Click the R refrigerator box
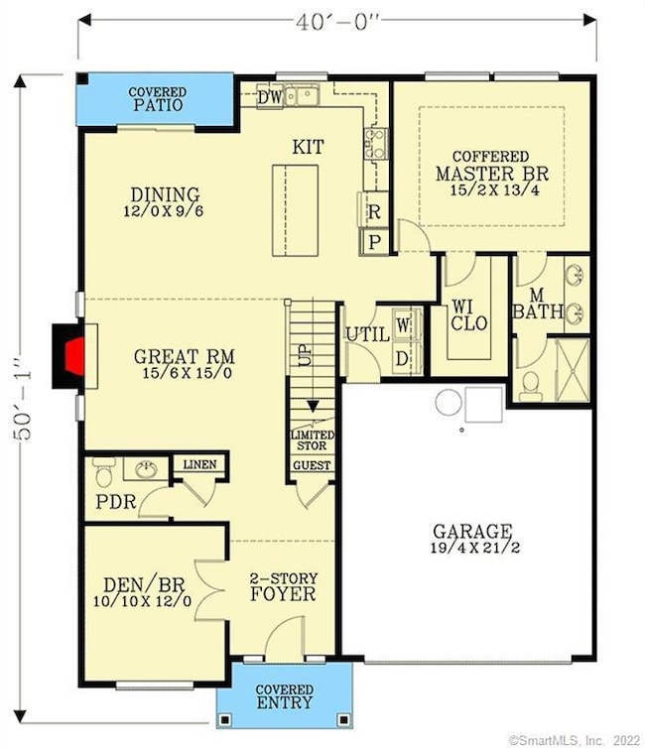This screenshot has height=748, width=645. pos(375,212)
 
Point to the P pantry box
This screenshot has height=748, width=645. pos(375,241)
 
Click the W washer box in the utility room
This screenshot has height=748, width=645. pos(403,323)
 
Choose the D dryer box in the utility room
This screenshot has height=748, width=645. pos(403,357)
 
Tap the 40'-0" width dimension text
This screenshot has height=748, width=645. pos(337,21)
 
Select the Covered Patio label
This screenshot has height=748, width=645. pos(158,99)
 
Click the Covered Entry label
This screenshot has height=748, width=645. pos(285,696)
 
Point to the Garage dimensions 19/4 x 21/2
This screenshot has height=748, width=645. pos(471,549)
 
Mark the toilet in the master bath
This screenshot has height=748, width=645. pos(530,383)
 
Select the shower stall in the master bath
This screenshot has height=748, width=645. pos(572,369)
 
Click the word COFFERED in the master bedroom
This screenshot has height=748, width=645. pos(490,157)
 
